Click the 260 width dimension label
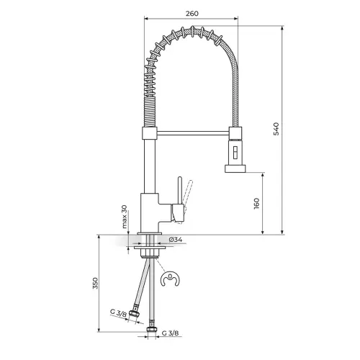point(192,14)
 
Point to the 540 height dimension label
point(276,129)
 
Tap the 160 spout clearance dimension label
point(256,204)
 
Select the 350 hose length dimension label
point(95,283)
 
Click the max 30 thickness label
point(124,217)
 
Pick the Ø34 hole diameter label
point(176,240)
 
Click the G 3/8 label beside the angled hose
point(118,313)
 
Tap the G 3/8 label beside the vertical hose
point(170,333)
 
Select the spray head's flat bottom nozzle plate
point(235,168)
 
